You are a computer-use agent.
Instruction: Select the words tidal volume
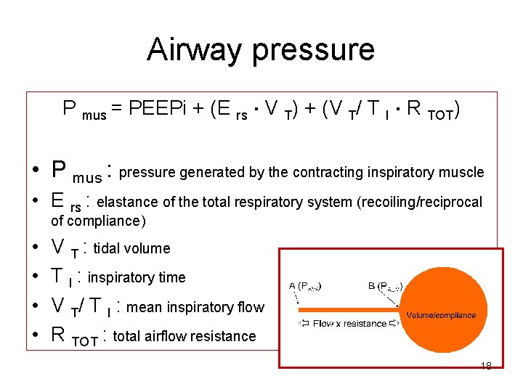click(131, 248)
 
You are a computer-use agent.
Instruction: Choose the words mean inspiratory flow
click(195, 307)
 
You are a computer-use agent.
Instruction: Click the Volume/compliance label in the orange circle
click(441, 315)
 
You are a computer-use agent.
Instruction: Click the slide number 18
click(486, 366)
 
